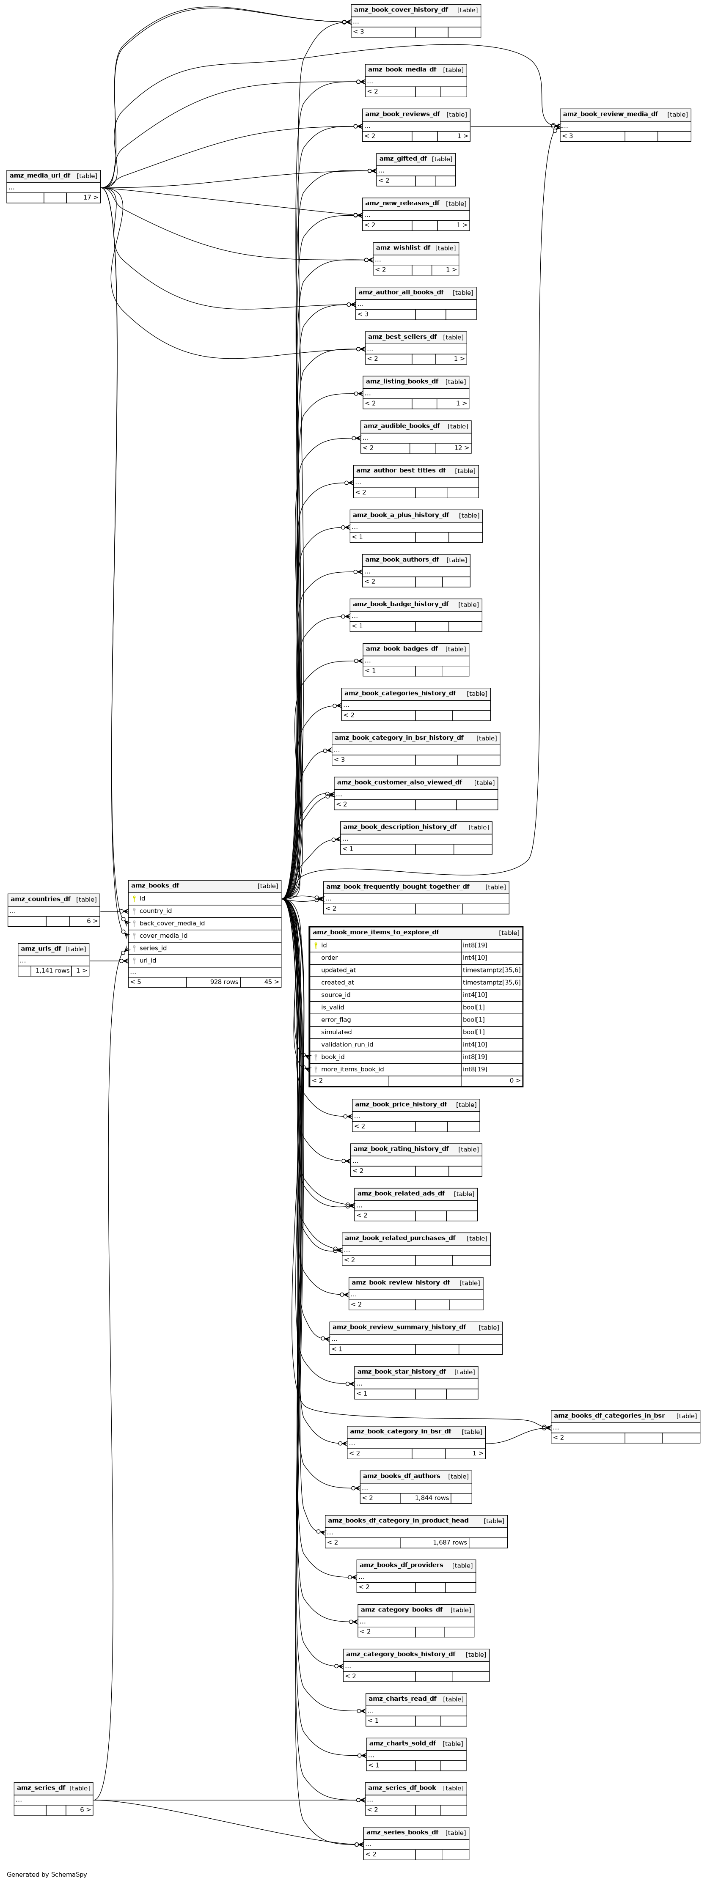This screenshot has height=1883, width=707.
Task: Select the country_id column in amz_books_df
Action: click(156, 911)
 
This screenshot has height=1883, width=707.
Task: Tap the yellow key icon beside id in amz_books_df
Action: click(134, 898)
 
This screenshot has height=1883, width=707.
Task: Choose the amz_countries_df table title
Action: click(40, 899)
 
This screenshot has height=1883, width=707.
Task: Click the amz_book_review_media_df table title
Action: click(611, 114)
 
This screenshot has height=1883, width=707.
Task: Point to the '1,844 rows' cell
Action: click(432, 1498)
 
